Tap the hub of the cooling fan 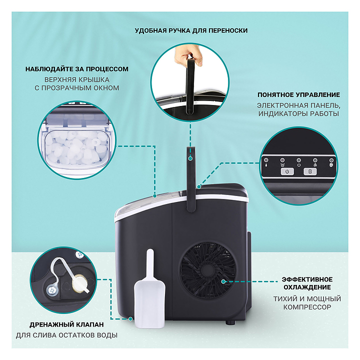click(x=207, y=269)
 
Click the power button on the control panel click(x=287, y=171)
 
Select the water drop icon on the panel click(x=266, y=165)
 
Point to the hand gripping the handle click(x=188, y=54)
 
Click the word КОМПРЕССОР click(x=307, y=307)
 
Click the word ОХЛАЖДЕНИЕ click(x=307, y=287)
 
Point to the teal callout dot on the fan click(x=223, y=281)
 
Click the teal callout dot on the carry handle click(x=190, y=158)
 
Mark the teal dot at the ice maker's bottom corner click(x=130, y=318)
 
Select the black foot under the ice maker click(x=230, y=322)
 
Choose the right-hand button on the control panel click(x=310, y=171)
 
